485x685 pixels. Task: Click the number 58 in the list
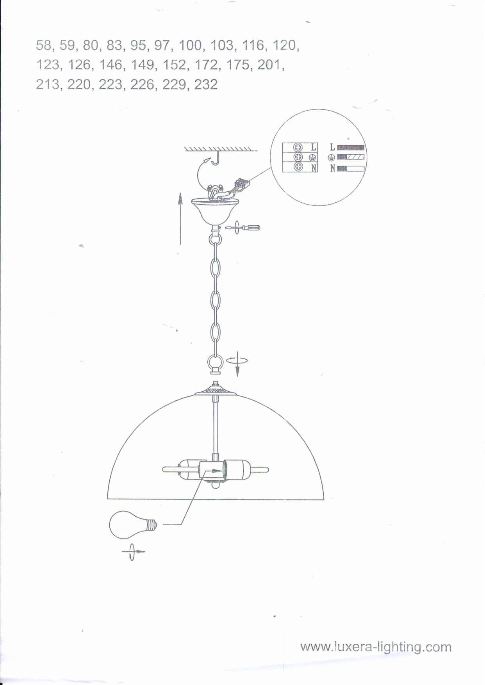[43, 46]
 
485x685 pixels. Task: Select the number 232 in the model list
[206, 84]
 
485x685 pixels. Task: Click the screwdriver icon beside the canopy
[243, 227]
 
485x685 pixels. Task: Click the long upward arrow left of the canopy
[180, 219]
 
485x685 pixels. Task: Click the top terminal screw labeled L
[298, 148]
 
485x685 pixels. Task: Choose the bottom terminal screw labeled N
[298, 167]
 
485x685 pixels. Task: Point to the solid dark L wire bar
[350, 148]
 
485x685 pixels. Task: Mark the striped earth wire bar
[350, 157]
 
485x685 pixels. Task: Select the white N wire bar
[350, 169]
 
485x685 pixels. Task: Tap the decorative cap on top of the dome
[216, 391]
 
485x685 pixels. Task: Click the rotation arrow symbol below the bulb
[132, 552]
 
